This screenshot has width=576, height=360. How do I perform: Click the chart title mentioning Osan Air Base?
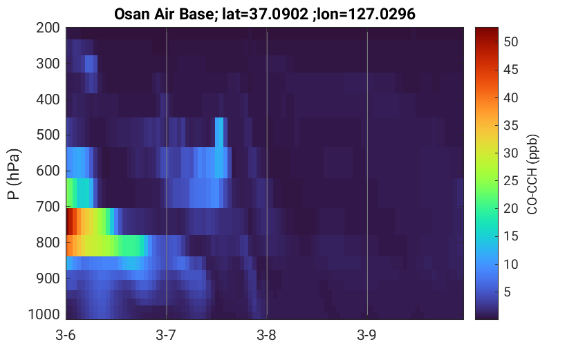tap(264, 15)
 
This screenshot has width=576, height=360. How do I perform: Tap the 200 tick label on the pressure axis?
tap(48, 28)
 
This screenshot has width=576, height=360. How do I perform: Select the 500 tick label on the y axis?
tap(48, 135)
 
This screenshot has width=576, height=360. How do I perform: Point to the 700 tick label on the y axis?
tap(48, 207)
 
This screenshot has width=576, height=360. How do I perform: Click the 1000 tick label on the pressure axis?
tap(44, 314)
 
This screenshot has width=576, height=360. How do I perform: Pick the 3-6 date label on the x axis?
tap(66, 335)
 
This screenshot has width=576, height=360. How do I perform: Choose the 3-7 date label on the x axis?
tap(166, 335)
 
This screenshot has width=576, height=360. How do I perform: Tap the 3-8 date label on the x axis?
tap(266, 335)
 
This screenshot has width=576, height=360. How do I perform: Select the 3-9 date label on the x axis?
tap(366, 335)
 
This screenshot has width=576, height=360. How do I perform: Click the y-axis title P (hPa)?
tap(14, 174)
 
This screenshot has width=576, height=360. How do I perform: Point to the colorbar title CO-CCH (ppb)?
tap(532, 174)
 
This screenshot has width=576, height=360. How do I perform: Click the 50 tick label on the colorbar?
tap(510, 42)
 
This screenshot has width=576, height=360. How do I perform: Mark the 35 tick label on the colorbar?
tap(510, 126)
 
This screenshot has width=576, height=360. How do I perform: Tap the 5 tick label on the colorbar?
tap(508, 292)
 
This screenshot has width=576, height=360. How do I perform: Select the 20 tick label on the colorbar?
tap(510, 209)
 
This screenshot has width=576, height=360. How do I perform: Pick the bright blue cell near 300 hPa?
tap(91, 64)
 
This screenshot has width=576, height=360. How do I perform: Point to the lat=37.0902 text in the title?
tap(265, 15)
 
